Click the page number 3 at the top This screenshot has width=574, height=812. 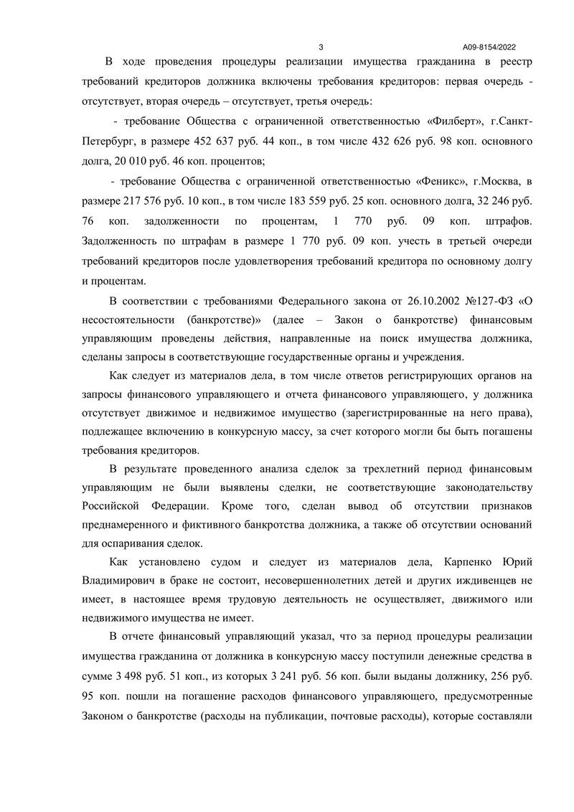321,45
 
